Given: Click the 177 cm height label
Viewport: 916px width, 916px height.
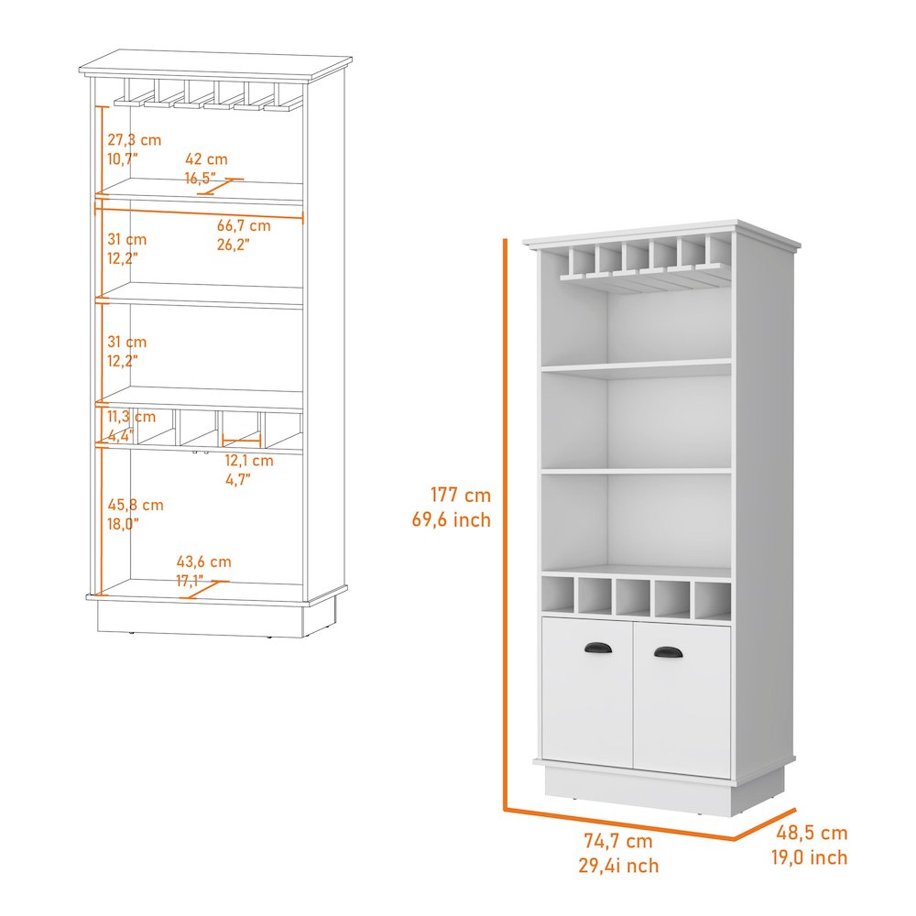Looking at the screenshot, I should tap(461, 496).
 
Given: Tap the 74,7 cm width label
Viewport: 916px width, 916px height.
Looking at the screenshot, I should tap(618, 841).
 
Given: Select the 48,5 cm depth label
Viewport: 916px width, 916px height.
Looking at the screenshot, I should tap(812, 834).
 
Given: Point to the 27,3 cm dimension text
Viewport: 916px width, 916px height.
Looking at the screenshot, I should tap(134, 140).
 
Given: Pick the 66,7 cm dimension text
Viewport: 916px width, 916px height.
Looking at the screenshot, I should tap(244, 225).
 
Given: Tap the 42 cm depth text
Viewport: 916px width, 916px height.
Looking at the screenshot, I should tap(206, 159).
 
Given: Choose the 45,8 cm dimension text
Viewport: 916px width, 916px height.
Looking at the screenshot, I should tap(135, 505).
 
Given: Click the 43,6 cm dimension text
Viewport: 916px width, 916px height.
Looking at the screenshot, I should tap(203, 562).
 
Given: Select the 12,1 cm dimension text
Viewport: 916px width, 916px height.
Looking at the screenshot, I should tap(249, 461).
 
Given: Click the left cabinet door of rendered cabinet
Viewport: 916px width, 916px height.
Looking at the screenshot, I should tap(587, 692).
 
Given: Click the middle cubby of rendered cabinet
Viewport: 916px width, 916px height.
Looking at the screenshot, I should tap(633, 598).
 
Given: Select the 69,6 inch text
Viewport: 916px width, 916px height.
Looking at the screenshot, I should tap(451, 520).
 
